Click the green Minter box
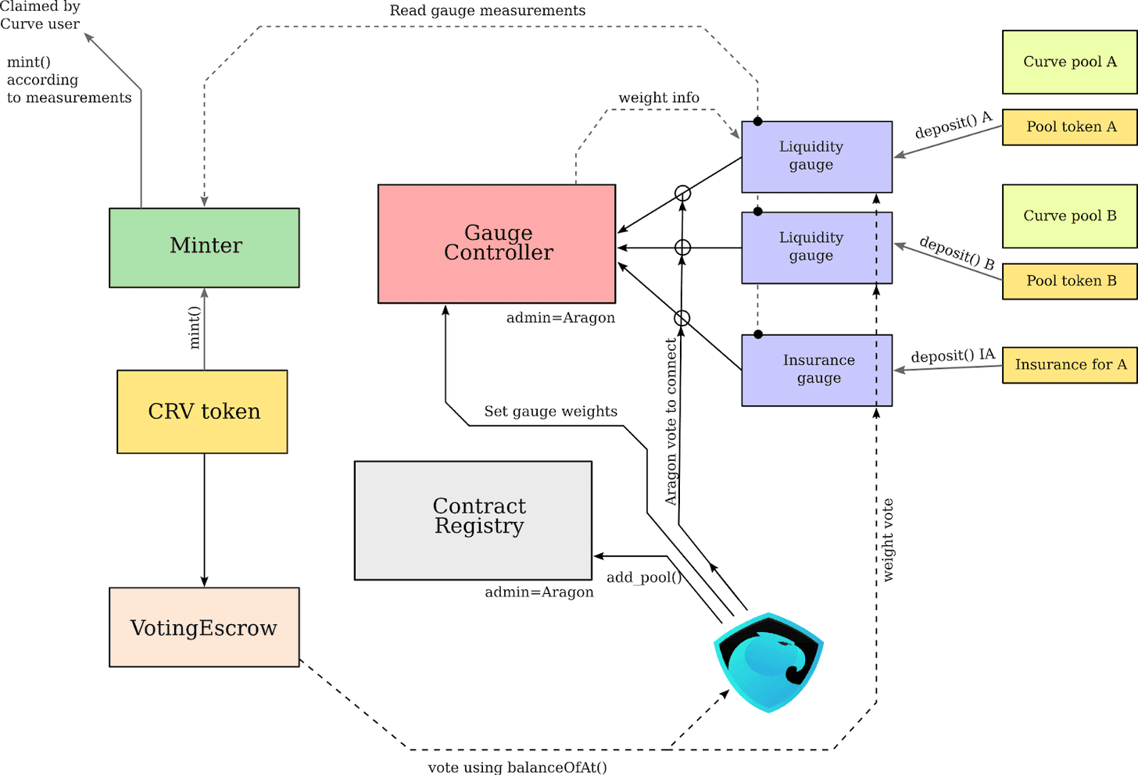click(x=204, y=248)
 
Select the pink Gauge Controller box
click(x=496, y=244)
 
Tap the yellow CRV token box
click(x=202, y=412)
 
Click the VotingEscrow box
click(x=204, y=627)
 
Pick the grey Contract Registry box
click(x=473, y=520)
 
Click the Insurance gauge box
click(x=817, y=370)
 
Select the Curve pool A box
click(x=1069, y=62)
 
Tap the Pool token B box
click(x=1069, y=281)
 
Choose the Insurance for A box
click(x=1069, y=365)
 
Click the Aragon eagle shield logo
click(x=768, y=662)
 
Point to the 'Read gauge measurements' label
click(x=487, y=11)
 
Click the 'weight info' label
click(x=659, y=98)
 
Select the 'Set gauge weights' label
click(x=550, y=412)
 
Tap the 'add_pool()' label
click(x=644, y=577)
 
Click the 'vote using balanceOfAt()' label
click(x=517, y=767)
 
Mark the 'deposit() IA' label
click(x=953, y=355)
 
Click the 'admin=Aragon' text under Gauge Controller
click(x=560, y=318)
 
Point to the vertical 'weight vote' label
click(x=888, y=540)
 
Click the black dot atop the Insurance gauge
click(x=757, y=334)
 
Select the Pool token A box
click(x=1069, y=127)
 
